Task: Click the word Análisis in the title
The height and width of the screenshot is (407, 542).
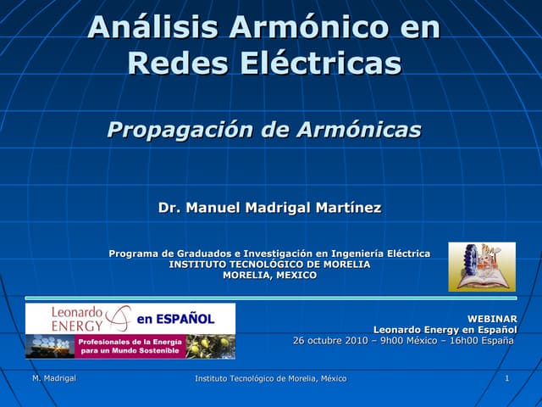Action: pyautogui.click(x=139, y=27)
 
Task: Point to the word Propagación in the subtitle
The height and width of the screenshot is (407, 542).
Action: pyautogui.click(x=180, y=130)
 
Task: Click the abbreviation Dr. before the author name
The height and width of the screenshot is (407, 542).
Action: pyautogui.click(x=169, y=208)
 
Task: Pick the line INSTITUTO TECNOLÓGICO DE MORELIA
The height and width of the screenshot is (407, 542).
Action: pyautogui.click(x=269, y=265)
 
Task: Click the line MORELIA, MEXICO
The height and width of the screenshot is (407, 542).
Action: pyautogui.click(x=269, y=275)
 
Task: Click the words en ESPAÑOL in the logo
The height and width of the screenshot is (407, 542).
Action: pyautogui.click(x=175, y=320)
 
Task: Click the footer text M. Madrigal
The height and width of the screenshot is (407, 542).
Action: pyautogui.click(x=53, y=378)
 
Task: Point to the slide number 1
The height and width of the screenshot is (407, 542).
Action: pyautogui.click(x=506, y=378)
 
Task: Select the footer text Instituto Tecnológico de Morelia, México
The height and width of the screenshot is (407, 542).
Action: pyautogui.click(x=270, y=378)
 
